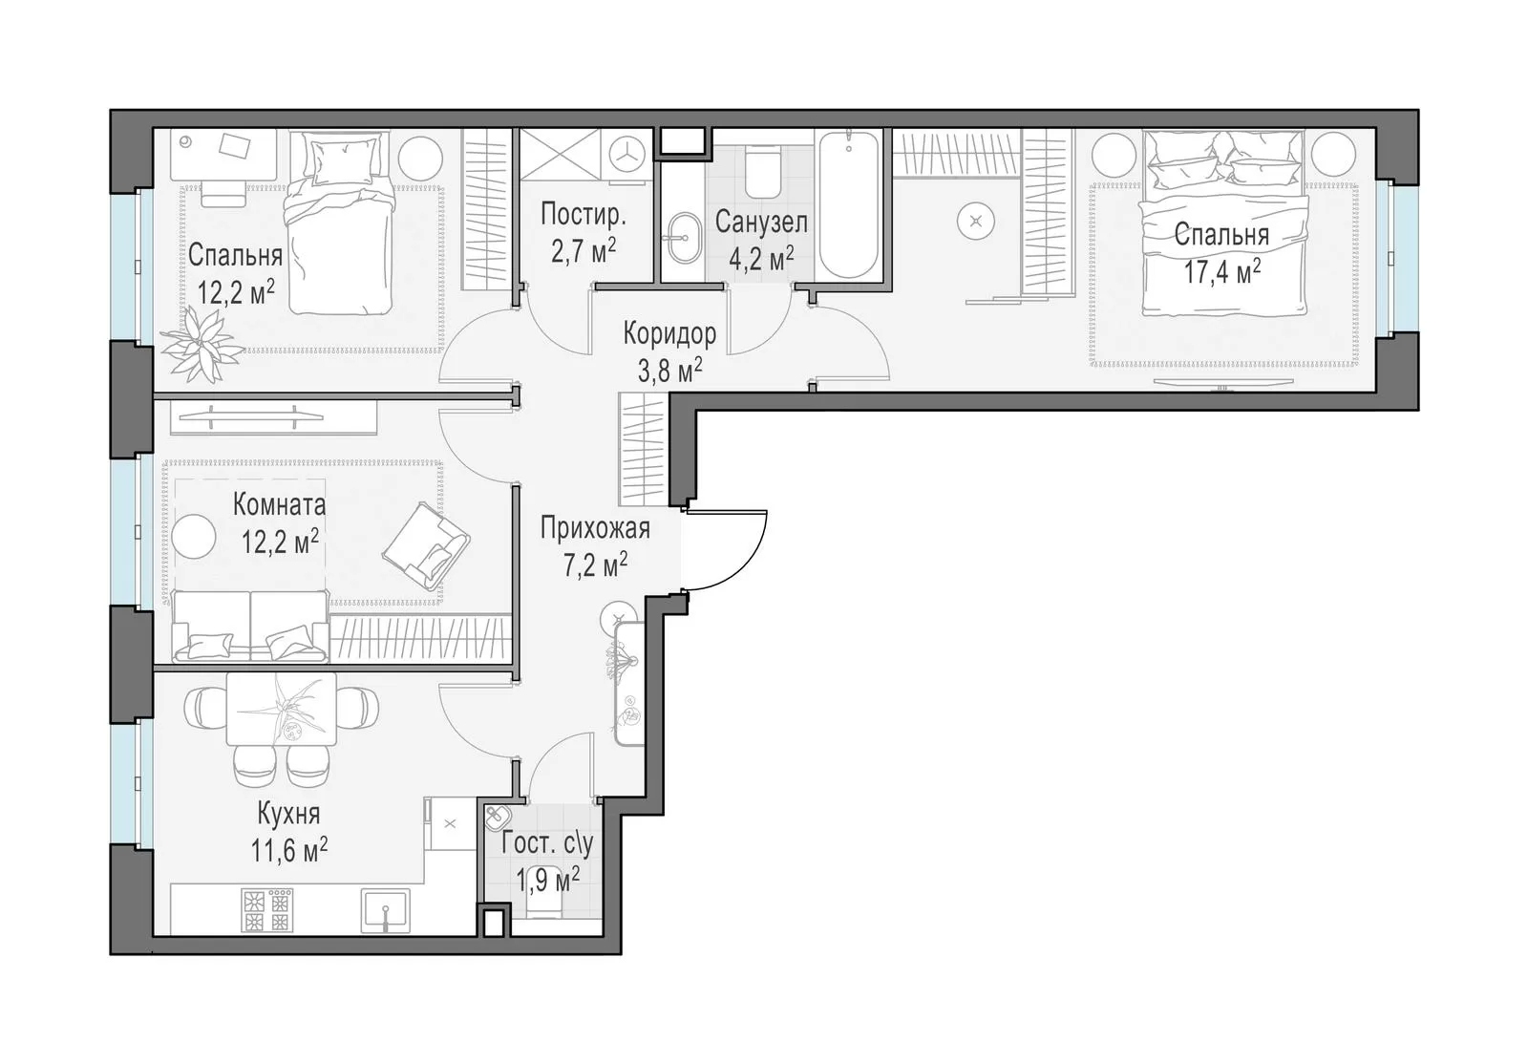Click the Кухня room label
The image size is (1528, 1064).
pyautogui.click(x=288, y=814)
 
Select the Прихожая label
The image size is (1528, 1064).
pyautogui.click(x=595, y=528)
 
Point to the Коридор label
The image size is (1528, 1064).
pyautogui.click(x=669, y=333)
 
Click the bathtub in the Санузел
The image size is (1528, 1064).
pyautogui.click(x=848, y=205)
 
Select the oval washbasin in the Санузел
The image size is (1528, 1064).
pyautogui.click(x=683, y=238)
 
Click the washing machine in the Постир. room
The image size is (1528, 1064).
pyautogui.click(x=626, y=155)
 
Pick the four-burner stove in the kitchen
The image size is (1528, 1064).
pyautogui.click(x=266, y=910)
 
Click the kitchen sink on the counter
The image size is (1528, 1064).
pyautogui.click(x=386, y=910)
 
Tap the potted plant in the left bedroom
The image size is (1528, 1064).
pyautogui.click(x=202, y=345)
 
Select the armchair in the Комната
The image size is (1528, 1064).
pyautogui.click(x=426, y=546)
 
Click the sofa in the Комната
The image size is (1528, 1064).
pyautogui.click(x=250, y=627)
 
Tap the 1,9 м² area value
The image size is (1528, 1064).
pyautogui.click(x=548, y=880)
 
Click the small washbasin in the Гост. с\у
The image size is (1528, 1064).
pyautogui.click(x=498, y=817)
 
